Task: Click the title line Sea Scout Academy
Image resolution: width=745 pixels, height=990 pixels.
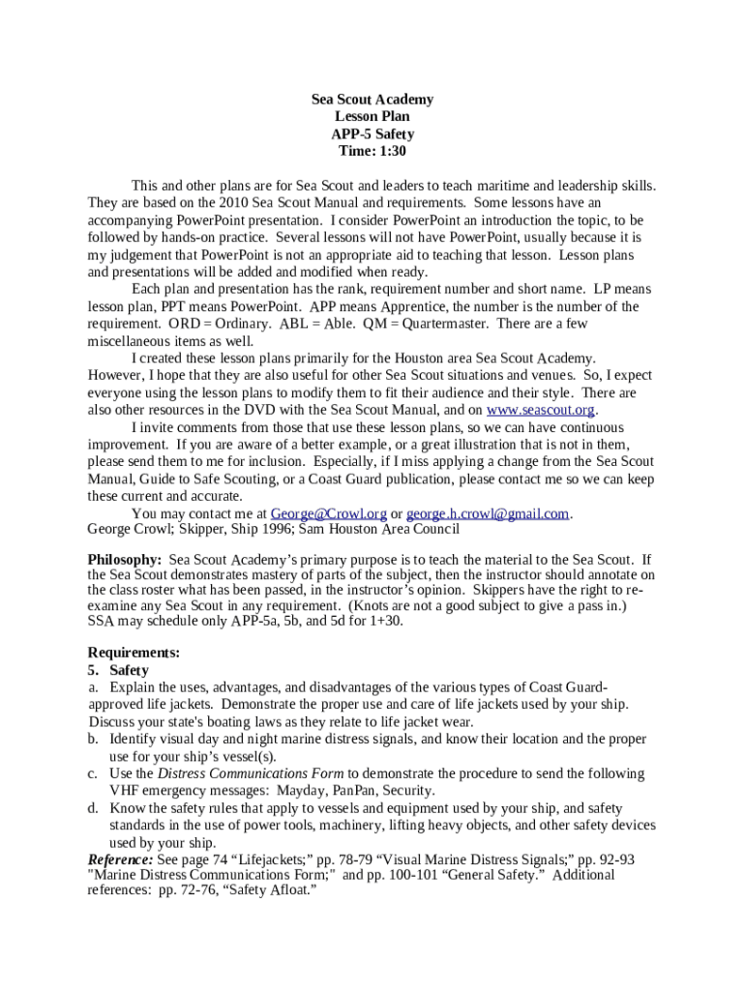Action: [x=372, y=100]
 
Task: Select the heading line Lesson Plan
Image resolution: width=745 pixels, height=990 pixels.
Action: [x=372, y=117]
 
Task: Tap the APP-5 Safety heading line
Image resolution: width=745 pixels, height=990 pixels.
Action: [x=372, y=134]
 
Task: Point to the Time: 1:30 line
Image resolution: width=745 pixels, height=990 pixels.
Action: [x=372, y=152]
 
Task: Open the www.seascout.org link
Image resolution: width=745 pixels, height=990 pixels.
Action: [x=540, y=410]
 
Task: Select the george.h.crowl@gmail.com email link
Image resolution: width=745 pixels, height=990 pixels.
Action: [x=488, y=513]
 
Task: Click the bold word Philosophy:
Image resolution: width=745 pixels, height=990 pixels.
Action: [x=125, y=560]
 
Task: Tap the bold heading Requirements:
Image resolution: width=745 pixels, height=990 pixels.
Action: [x=134, y=653]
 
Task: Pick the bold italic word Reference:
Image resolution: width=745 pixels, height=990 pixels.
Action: [x=120, y=859]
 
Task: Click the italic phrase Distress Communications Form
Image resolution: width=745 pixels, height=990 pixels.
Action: [x=251, y=773]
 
